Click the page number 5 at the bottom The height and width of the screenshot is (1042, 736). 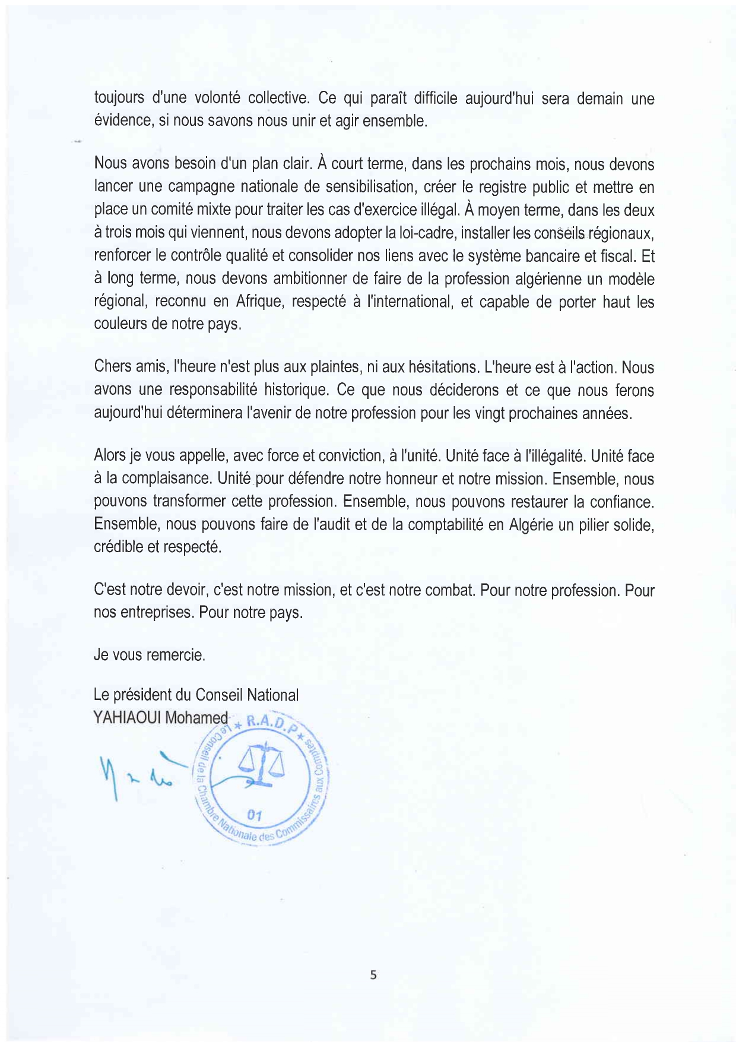point(373,974)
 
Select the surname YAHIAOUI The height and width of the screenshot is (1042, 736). point(127,718)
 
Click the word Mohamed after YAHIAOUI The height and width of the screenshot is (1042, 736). point(196,718)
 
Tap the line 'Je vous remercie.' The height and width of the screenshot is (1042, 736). point(150,655)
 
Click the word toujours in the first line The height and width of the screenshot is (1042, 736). point(119,99)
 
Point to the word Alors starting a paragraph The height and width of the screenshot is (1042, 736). point(109,456)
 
